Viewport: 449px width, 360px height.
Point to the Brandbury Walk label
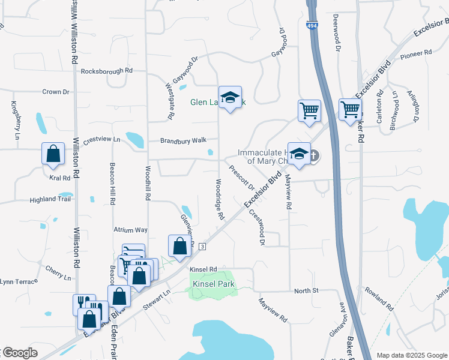183,141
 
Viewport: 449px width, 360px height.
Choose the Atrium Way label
130,230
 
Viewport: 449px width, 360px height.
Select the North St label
305,291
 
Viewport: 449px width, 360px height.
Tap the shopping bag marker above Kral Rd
53,153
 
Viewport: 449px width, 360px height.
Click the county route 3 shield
202,247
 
